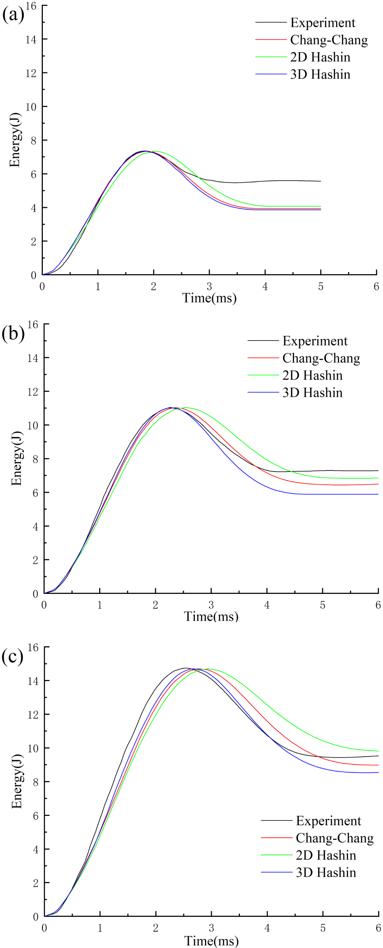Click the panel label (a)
pyautogui.click(x=13, y=15)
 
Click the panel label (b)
pyautogui.click(x=13, y=333)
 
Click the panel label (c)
pyautogui.click(x=12, y=656)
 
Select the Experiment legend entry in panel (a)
pyautogui.click(x=322, y=23)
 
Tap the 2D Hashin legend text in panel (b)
pyautogui.click(x=312, y=375)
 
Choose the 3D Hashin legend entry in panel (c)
pyautogui.click(x=326, y=872)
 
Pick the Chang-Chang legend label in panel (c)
pyautogui.click(x=334, y=838)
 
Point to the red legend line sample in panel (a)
pyautogui.click(x=271, y=40)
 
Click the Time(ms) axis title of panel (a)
pyautogui.click(x=209, y=298)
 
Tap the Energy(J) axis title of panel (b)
pyautogui.click(x=17, y=458)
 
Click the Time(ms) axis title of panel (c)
pyautogui.click(x=211, y=940)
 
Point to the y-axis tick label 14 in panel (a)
pyautogui.click(x=31, y=39)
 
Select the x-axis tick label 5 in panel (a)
pyautogui.click(x=321, y=286)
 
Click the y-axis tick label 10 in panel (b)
pyautogui.click(x=33, y=425)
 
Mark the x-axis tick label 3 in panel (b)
pyautogui.click(x=211, y=605)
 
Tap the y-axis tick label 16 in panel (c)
pyautogui.click(x=33, y=647)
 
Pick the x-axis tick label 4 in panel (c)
pyautogui.click(x=267, y=928)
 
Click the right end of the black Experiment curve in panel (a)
pyautogui.click(x=320, y=181)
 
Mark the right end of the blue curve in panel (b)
pyautogui.click(x=378, y=494)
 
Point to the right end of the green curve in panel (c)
pyautogui.click(x=378, y=751)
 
